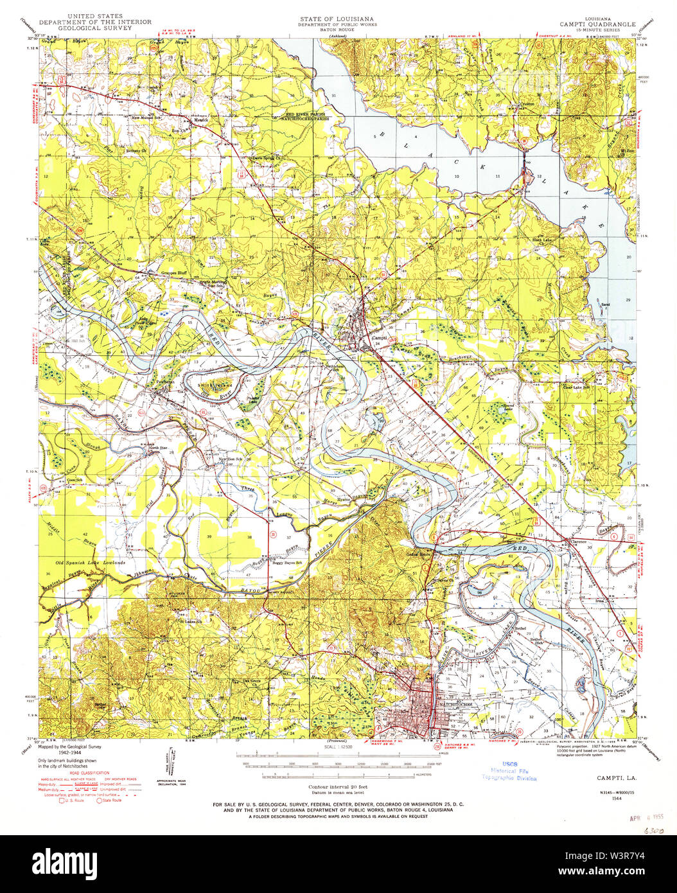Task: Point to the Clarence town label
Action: [x=579, y=542]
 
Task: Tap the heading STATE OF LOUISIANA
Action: [x=337, y=19]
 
